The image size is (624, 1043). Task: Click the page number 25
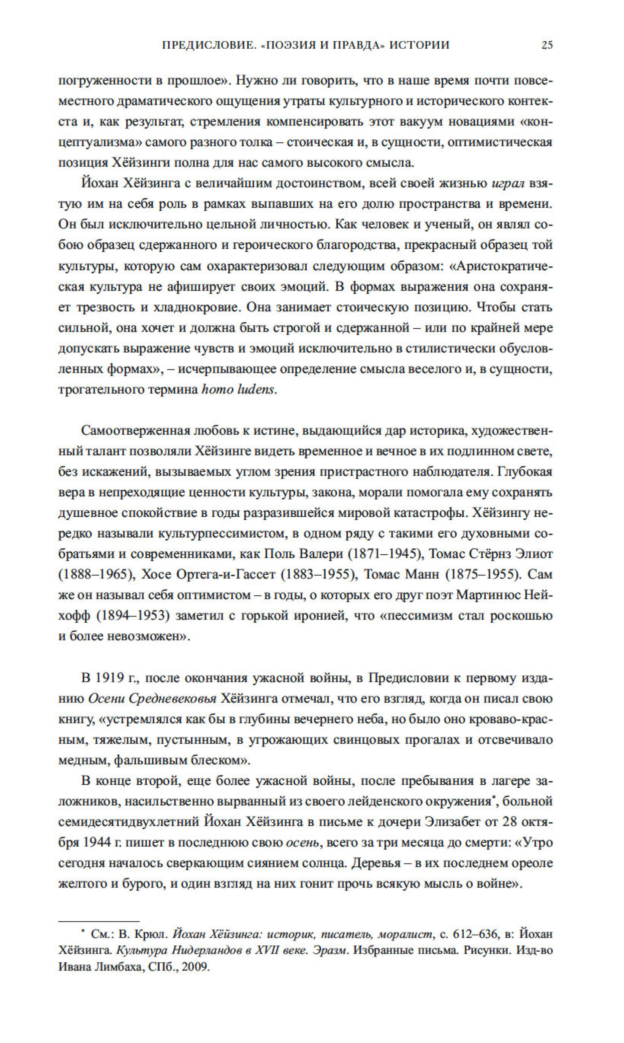[x=546, y=45]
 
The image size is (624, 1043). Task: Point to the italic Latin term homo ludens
[x=238, y=390]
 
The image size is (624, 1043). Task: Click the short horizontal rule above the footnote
[x=99, y=921]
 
